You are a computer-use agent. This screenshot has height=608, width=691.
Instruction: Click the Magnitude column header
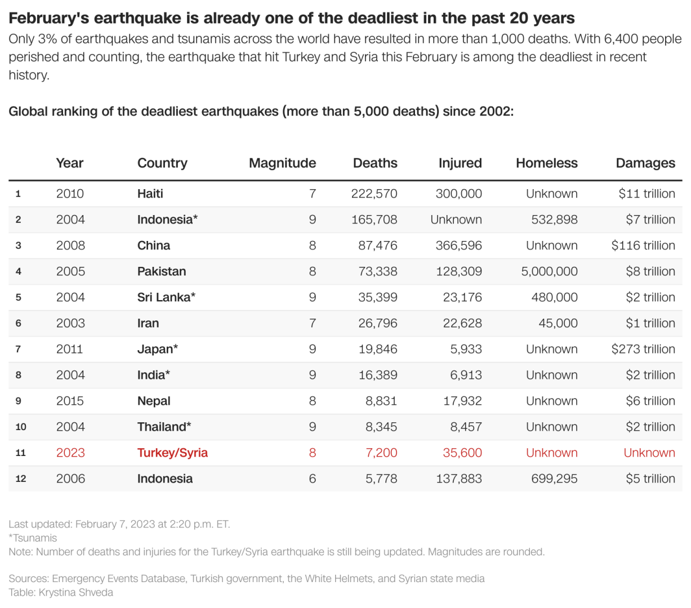point(282,163)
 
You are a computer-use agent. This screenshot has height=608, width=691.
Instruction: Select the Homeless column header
point(546,163)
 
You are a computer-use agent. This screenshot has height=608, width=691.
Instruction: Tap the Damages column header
point(645,163)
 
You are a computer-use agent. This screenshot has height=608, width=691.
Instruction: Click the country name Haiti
point(150,194)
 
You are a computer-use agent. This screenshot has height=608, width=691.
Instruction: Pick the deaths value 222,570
point(374,194)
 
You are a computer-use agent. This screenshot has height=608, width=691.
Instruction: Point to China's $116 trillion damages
point(643,245)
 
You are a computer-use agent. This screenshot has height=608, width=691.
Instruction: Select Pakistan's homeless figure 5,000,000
point(549,271)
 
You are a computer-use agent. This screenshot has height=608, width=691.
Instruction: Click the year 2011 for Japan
point(69,349)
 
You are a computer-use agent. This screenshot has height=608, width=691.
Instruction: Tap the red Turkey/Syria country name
point(172,453)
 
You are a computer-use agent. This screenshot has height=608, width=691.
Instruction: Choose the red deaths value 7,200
point(381,453)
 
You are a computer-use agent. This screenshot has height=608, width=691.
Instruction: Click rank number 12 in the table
point(21,479)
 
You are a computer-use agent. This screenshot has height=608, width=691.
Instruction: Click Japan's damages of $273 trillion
point(643,349)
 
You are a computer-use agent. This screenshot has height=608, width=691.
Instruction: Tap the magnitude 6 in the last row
point(312,479)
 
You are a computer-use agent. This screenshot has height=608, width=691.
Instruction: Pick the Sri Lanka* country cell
point(166,297)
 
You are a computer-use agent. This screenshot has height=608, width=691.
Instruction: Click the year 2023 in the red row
point(70,453)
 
